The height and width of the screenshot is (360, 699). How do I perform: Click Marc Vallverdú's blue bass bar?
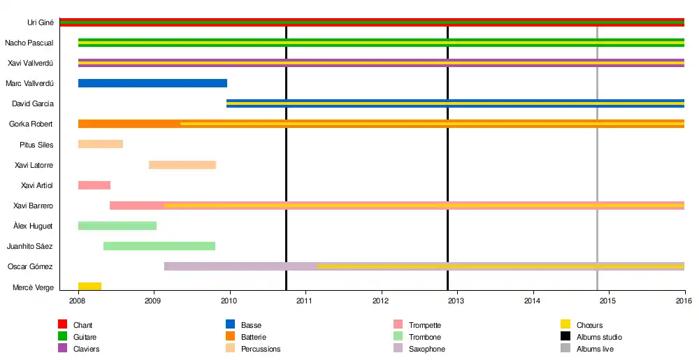coord(152,83)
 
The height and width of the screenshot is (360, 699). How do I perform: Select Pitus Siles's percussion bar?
coord(101,145)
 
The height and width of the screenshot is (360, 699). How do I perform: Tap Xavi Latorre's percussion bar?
coord(182,165)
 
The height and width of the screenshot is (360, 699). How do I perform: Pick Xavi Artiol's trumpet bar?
coord(94,185)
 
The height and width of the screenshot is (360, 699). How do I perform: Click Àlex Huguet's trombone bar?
coord(117,226)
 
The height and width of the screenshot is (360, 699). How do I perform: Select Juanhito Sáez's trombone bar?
coord(159,246)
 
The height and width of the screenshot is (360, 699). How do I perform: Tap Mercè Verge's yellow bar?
coord(89,287)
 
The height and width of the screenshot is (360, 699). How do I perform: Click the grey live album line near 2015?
coord(597,175)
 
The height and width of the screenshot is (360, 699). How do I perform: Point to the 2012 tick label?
coord(381,301)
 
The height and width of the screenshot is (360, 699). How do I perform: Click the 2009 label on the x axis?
coord(153,301)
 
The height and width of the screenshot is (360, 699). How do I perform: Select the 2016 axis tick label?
coord(684,301)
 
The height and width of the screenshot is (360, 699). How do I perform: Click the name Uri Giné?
coord(41,22)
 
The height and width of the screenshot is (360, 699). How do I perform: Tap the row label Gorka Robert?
coord(31,124)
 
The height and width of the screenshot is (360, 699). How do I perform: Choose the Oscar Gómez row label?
coord(30,267)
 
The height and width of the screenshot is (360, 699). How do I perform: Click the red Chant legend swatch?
coord(62,325)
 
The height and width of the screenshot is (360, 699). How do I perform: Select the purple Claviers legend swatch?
coord(62,348)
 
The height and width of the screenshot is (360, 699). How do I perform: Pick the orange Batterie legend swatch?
coord(230,337)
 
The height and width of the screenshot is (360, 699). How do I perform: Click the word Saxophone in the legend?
coord(426,349)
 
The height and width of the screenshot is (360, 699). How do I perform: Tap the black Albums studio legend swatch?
coord(565,337)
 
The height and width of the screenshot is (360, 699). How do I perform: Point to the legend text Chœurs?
coord(589,326)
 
